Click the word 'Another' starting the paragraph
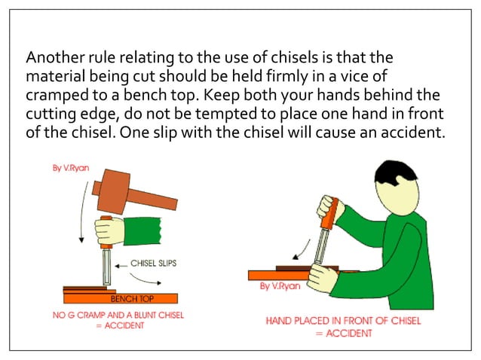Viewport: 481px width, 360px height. point(53,58)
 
